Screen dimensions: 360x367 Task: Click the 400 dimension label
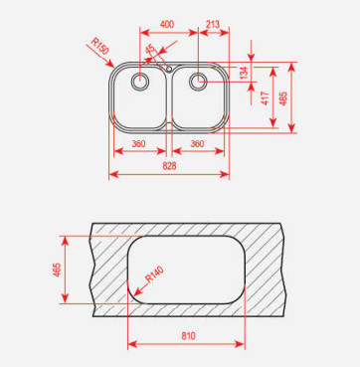[167, 25]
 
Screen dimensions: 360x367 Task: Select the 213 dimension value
[213, 25]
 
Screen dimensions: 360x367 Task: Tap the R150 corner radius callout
[100, 47]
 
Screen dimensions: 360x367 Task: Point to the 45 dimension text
[150, 49]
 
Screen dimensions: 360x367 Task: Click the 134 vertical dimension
[244, 73]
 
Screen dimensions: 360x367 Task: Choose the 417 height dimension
[266, 98]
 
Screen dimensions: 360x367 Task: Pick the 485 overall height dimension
[283, 98]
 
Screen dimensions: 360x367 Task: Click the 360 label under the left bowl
[138, 144]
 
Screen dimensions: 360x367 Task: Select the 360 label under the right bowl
[197, 144]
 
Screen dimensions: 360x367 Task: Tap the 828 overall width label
[169, 166]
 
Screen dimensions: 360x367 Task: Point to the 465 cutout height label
[57, 270]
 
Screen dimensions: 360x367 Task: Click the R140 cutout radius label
[155, 275]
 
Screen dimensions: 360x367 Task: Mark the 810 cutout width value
[188, 336]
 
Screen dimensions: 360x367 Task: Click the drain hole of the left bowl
[140, 82]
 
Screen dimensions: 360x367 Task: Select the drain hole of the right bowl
[198, 82]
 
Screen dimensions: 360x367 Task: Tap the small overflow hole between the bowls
[169, 69]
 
